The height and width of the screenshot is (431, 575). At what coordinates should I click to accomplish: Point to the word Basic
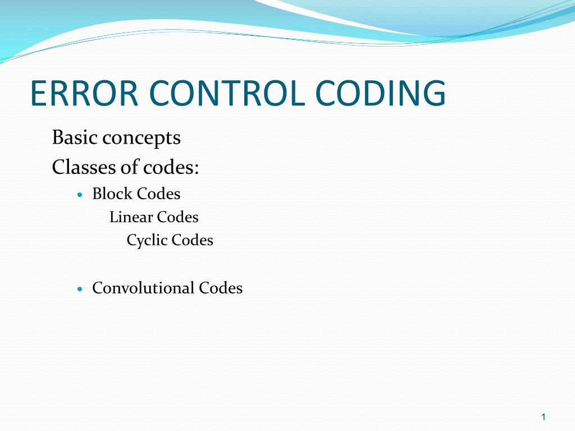point(75,137)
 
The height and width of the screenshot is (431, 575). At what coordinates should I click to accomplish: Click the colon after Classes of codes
point(197,169)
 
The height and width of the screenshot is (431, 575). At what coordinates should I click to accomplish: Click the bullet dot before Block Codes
point(80,195)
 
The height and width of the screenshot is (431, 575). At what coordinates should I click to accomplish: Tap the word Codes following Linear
point(178,217)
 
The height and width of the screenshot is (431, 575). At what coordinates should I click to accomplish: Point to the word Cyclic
point(147,241)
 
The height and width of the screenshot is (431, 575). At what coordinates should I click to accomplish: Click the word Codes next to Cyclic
point(193,240)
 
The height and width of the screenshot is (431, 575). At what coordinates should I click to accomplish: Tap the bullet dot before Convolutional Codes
point(80,290)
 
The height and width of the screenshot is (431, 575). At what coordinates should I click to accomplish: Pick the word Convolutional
point(143,288)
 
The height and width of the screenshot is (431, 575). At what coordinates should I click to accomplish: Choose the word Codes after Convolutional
point(221,288)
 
